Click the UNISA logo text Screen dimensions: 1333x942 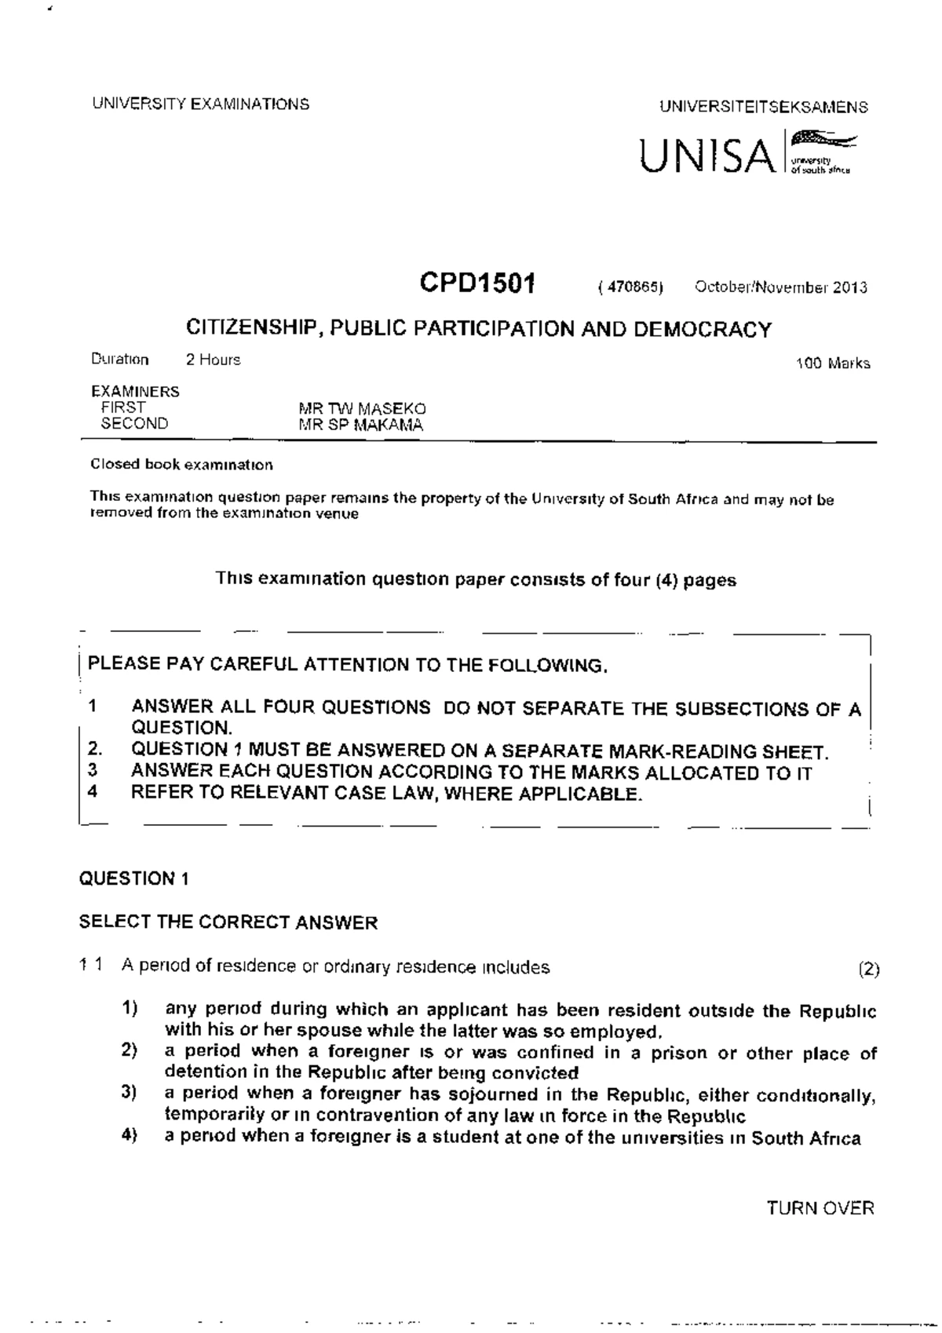click(x=706, y=155)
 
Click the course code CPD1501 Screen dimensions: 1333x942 click(x=477, y=283)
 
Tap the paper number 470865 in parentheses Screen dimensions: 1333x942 click(x=631, y=287)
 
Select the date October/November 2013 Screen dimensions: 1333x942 click(x=780, y=287)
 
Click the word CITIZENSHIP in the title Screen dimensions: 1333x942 click(x=253, y=328)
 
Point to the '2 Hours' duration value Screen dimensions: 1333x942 click(x=213, y=360)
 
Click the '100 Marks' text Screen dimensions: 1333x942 click(x=832, y=363)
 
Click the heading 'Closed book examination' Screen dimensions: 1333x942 click(x=181, y=465)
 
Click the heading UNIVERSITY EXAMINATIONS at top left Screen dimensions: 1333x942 click(x=200, y=104)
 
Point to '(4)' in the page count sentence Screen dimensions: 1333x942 click(x=666, y=580)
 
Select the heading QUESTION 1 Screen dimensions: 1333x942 click(x=133, y=878)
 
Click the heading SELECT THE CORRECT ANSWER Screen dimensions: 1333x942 click(x=228, y=922)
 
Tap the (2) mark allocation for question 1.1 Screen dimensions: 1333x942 click(x=869, y=969)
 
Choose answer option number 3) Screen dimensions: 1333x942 click(x=130, y=1093)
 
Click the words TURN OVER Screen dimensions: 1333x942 click(x=820, y=1208)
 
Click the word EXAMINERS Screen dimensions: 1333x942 click(x=135, y=391)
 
